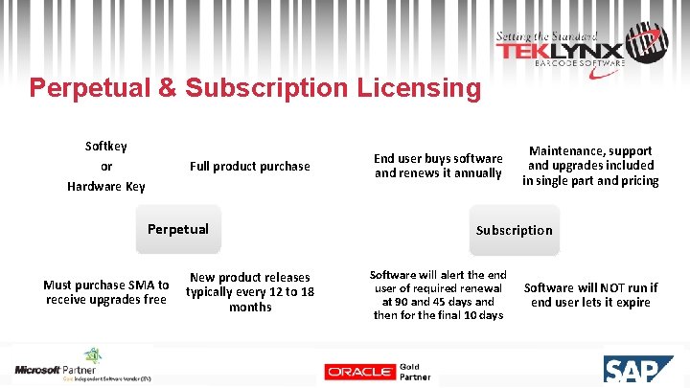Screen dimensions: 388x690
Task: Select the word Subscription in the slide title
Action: [x=265, y=88]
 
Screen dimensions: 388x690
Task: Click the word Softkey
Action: [x=105, y=147]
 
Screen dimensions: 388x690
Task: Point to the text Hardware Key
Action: [x=105, y=186]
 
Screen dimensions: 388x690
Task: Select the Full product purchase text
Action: [x=249, y=167]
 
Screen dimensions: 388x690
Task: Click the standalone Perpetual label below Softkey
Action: [x=177, y=229]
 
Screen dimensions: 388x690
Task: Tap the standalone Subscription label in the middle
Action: [x=514, y=230]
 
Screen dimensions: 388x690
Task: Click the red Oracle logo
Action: [x=359, y=371]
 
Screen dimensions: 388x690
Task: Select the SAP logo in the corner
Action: [x=637, y=372]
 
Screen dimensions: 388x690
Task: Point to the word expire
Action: [x=632, y=303]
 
